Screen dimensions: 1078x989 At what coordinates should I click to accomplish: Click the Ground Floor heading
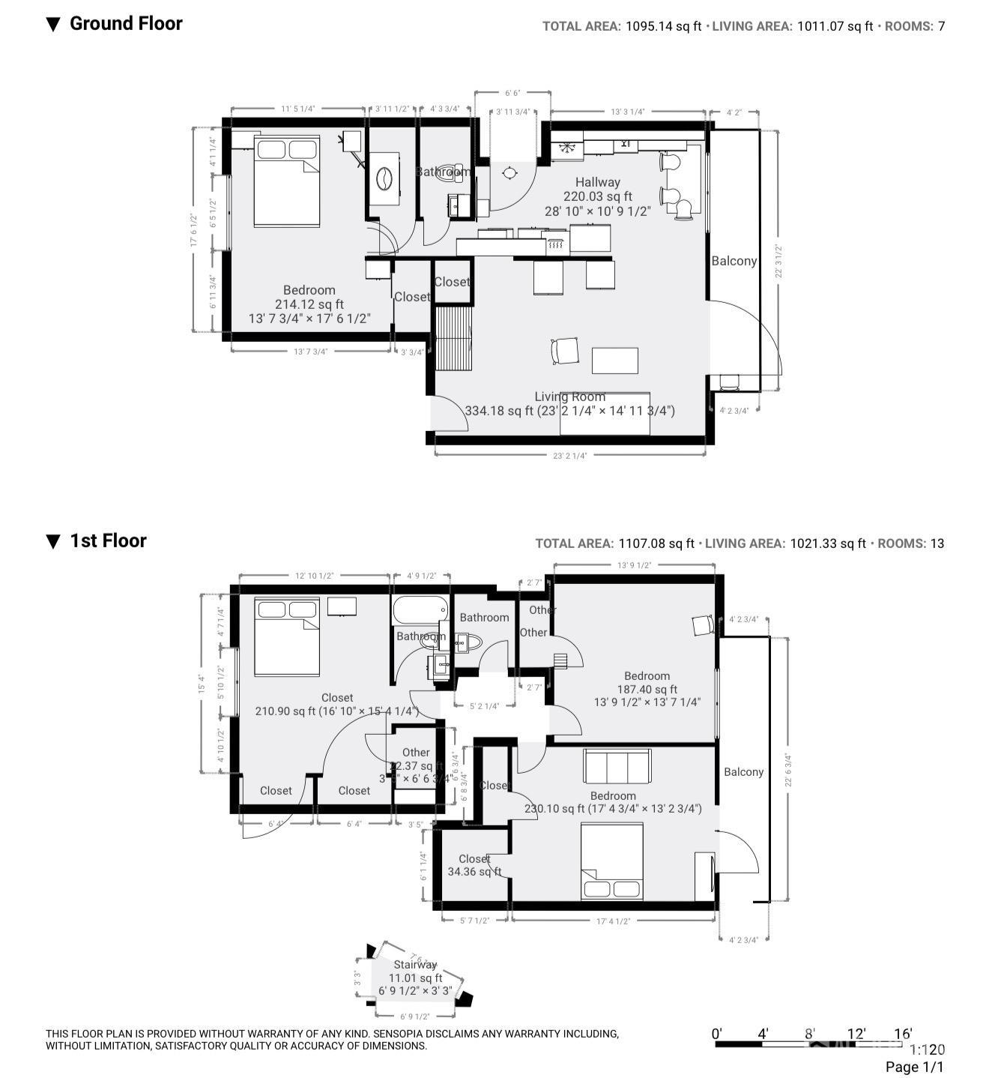[125, 23]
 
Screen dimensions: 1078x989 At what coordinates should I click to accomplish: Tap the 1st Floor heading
[108, 540]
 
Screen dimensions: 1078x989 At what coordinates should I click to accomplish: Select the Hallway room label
[597, 182]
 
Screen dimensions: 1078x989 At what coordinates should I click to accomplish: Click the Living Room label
[569, 397]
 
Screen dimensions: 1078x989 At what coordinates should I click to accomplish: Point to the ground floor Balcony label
[734, 261]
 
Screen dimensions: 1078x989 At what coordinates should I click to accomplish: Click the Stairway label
[415, 965]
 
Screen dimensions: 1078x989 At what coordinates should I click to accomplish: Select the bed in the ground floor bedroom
[287, 181]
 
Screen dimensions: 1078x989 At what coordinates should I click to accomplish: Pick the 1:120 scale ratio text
[927, 1050]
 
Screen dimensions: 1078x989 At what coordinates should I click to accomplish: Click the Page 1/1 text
[914, 1067]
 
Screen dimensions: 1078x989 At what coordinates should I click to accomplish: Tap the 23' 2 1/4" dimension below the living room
[570, 455]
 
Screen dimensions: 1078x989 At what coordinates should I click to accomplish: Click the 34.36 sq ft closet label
[474, 872]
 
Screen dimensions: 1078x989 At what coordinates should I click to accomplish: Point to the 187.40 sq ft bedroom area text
[647, 690]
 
